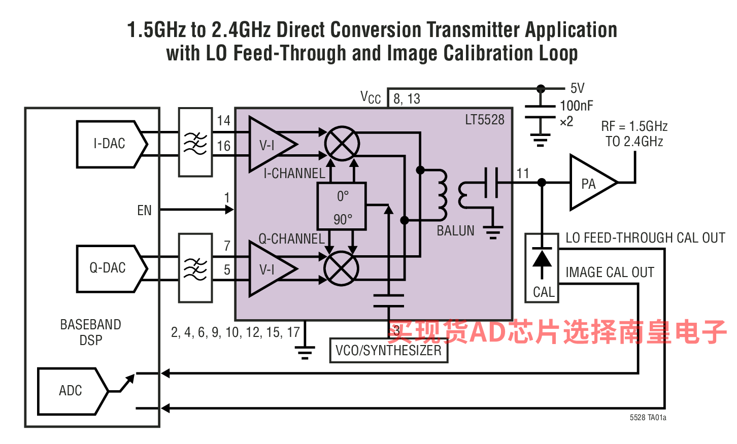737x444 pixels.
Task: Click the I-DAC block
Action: (110, 144)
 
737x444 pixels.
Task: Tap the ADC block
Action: (71, 391)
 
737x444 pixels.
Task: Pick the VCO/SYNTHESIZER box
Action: (388, 351)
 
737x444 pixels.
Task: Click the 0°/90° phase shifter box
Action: (342, 207)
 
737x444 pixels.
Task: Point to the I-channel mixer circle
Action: (342, 144)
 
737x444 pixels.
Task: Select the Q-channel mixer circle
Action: (342, 269)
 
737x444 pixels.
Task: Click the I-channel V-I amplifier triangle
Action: (269, 145)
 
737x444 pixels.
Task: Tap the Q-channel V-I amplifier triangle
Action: (269, 269)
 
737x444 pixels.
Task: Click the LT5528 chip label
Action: (485, 120)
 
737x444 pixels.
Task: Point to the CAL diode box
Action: (542, 268)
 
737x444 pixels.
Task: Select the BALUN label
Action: (455, 231)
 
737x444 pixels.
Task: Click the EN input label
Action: (144, 210)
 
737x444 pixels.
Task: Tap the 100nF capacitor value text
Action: (576, 106)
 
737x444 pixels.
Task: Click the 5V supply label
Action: (577, 88)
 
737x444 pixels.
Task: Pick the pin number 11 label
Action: (523, 173)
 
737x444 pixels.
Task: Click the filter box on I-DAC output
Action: (195, 142)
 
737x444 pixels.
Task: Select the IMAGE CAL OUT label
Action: (610, 272)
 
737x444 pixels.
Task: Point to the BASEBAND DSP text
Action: (91, 332)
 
